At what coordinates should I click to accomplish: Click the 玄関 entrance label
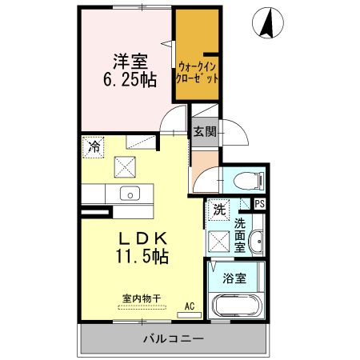click(x=203, y=133)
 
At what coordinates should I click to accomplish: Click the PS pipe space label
click(x=259, y=204)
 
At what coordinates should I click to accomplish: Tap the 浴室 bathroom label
click(x=234, y=280)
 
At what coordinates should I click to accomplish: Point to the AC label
click(x=190, y=306)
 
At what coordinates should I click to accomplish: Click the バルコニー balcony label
click(x=174, y=339)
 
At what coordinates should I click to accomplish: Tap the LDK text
click(x=143, y=238)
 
